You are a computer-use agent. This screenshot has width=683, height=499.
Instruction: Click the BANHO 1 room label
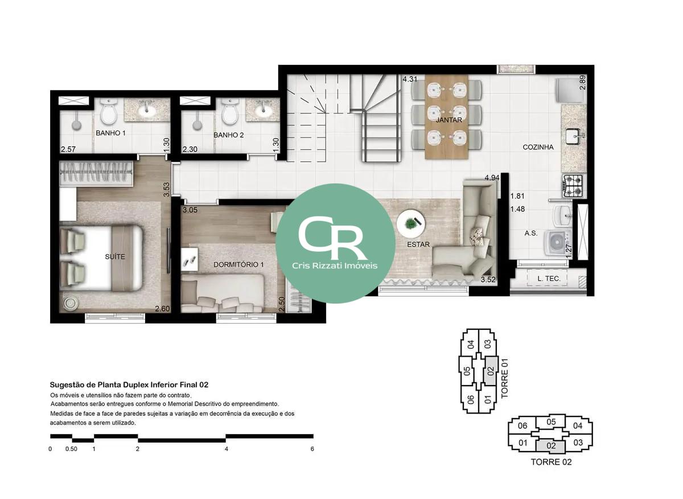tap(110, 133)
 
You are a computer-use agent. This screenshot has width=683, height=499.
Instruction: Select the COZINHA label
tap(538, 147)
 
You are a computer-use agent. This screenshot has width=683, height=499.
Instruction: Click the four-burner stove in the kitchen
tap(573, 186)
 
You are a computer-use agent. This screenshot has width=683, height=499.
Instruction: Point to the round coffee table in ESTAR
tap(410, 224)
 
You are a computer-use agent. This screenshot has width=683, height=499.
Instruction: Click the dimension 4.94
tap(492, 178)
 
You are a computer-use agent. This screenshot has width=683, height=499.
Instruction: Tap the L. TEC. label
tap(549, 279)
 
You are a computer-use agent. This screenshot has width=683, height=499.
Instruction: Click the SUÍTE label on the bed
tap(115, 257)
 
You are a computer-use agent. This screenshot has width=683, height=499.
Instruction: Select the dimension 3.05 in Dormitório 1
tap(190, 210)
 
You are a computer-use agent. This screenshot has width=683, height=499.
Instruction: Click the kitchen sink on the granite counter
tap(573, 136)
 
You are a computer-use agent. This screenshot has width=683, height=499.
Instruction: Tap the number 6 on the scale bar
tap(312, 449)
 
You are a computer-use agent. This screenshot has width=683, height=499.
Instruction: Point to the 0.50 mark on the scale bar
tap(71, 449)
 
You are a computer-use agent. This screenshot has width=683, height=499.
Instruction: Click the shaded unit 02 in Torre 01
tap(491, 371)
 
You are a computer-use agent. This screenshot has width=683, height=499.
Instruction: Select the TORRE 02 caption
tap(551, 462)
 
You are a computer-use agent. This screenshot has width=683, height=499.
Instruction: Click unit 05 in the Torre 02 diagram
tap(551, 422)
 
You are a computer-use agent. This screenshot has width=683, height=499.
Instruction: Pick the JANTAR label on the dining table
tap(449, 120)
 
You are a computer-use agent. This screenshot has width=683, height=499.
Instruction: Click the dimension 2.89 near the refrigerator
tap(582, 83)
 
